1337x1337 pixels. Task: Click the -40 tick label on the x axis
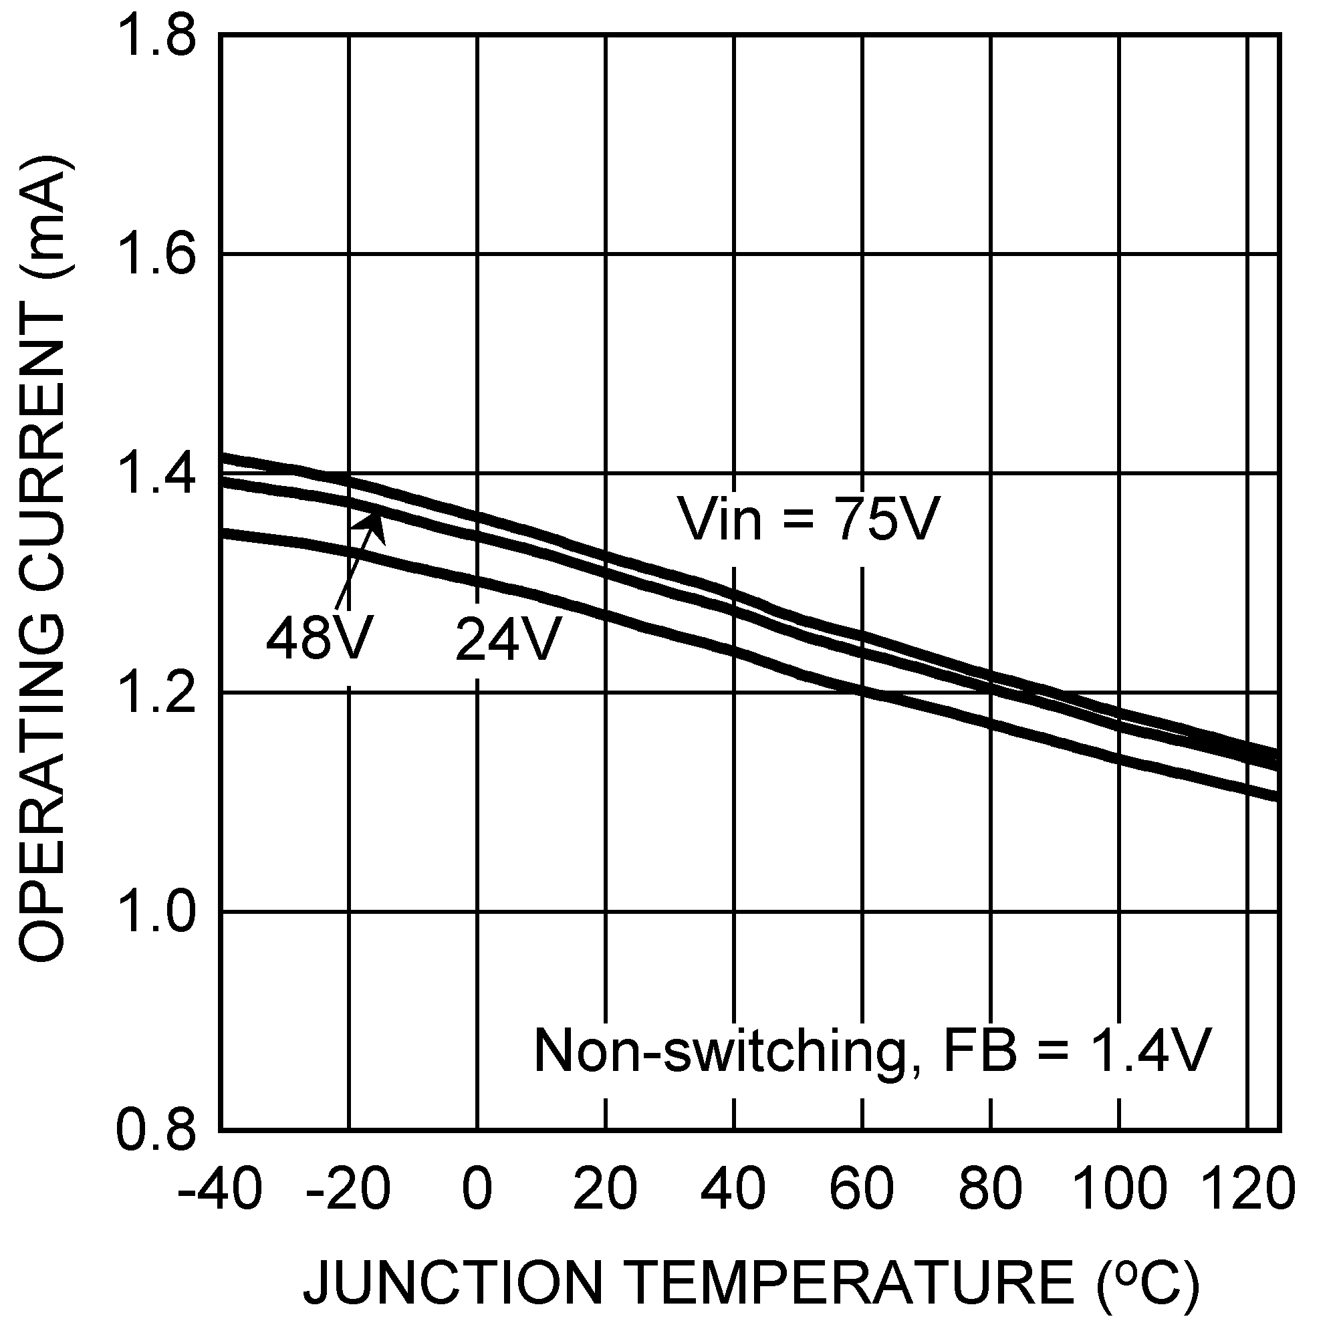coord(220,1188)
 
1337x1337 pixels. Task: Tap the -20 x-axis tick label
coord(348,1188)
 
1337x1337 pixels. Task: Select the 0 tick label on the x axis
coord(477,1188)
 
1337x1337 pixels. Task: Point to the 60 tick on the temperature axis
coord(862,1188)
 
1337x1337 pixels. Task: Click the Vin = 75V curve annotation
coord(810,519)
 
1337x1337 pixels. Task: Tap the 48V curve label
coord(320,638)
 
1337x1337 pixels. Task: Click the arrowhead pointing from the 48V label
coord(374,520)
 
